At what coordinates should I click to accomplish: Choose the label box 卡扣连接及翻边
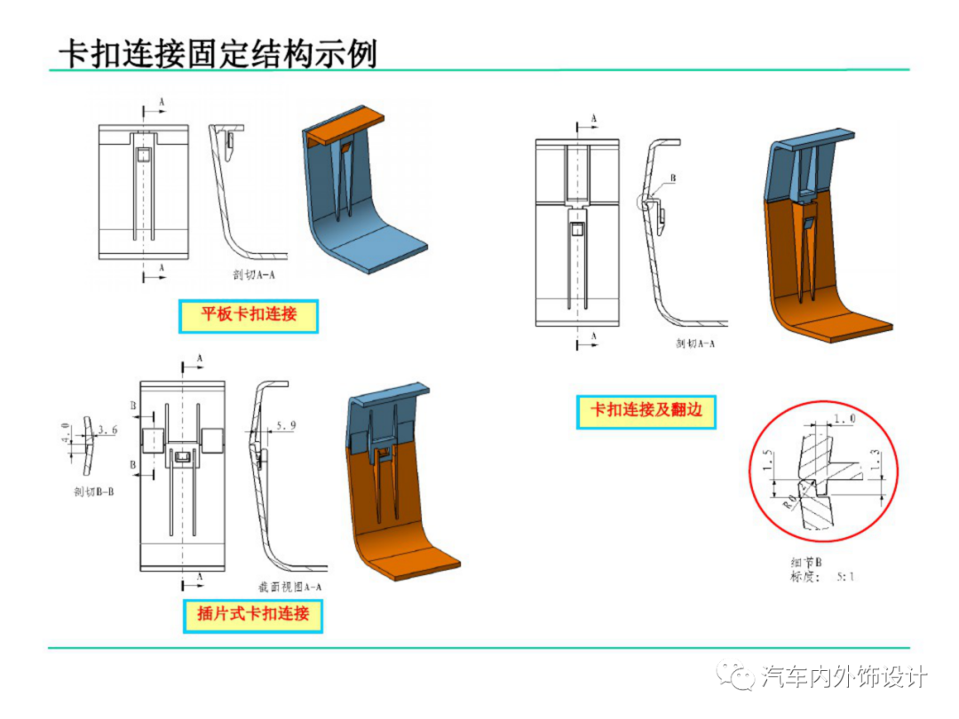click(646, 411)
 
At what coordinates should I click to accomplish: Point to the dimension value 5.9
click(286, 427)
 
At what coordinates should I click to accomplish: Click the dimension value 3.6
click(108, 431)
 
